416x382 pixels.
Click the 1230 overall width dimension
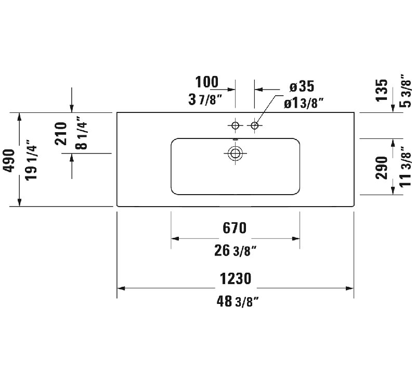(x=236, y=279)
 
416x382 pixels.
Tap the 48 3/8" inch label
(x=238, y=301)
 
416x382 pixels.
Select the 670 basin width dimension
(x=235, y=228)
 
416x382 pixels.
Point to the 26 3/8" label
(x=236, y=251)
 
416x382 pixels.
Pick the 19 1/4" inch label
(x=31, y=163)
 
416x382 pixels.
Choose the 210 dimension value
(x=61, y=133)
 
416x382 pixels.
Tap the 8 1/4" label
(x=81, y=133)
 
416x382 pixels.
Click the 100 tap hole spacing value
(x=207, y=82)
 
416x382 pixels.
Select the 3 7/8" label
(x=205, y=100)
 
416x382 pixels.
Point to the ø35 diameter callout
(x=302, y=86)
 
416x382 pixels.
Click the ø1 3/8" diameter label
(x=304, y=103)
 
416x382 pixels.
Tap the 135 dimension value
(x=382, y=90)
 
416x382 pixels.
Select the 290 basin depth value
(x=382, y=168)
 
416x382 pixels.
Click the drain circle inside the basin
(x=235, y=153)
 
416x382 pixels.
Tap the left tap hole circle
(x=236, y=125)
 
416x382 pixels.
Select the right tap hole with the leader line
(x=255, y=125)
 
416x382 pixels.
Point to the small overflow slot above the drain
(x=236, y=139)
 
